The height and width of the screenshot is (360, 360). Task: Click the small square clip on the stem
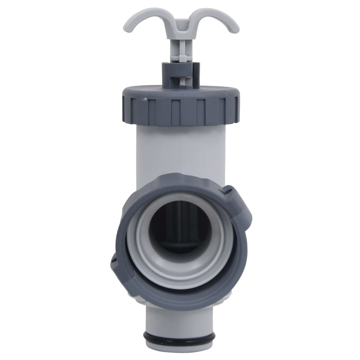coord(182,57)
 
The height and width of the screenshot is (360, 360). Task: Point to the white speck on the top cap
coord(143,99)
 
